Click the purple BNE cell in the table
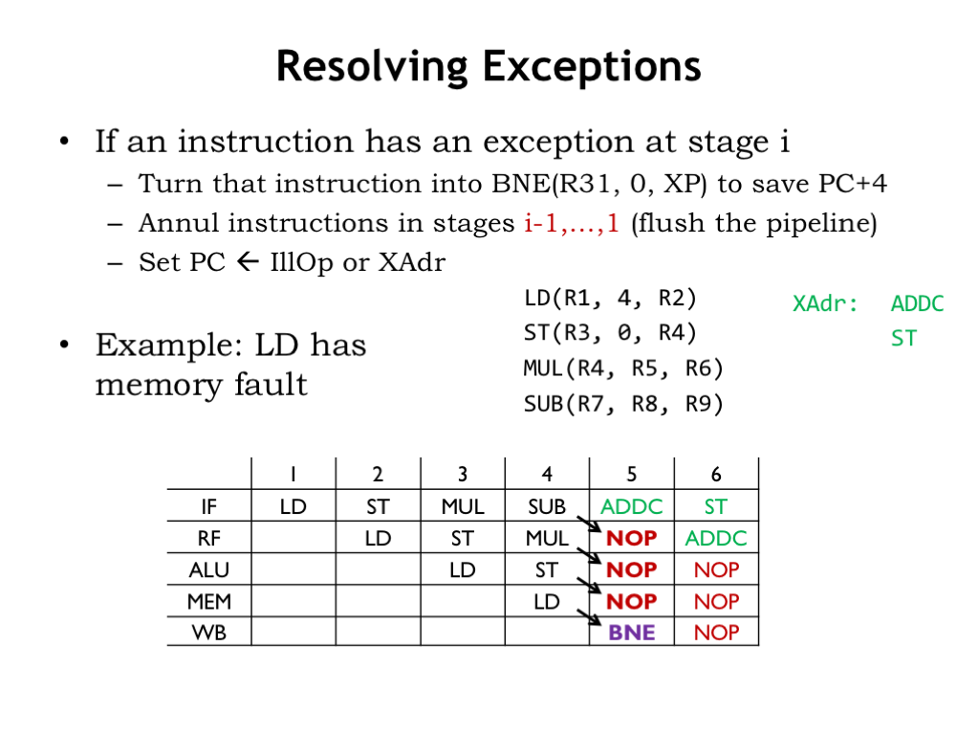pos(631,633)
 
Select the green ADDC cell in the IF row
pos(631,506)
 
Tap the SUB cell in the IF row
pos(546,506)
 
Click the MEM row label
pos(209,601)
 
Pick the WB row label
pos(209,633)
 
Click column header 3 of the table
pos(462,475)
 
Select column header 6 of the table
pos(716,475)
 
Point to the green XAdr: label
pos(825,303)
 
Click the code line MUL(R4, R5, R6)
pos(623,368)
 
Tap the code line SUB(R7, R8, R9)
pos(623,404)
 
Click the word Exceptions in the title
pos(592,66)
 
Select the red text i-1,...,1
pos(572,222)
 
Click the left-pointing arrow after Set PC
pos(248,261)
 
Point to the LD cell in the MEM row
pos(546,601)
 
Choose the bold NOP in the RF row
pos(631,538)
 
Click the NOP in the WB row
pos(716,633)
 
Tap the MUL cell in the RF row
pos(546,538)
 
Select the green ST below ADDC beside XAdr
pos(903,338)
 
